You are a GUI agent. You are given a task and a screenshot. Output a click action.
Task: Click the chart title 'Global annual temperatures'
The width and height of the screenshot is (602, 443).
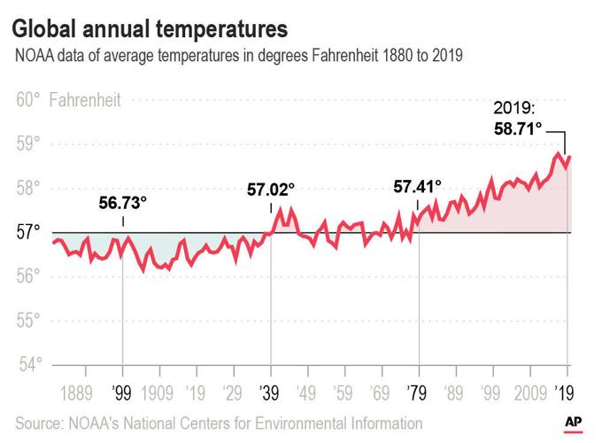pyautogui.click(x=150, y=27)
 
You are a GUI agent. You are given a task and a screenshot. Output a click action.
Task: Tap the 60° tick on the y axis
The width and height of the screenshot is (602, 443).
pyautogui.click(x=28, y=99)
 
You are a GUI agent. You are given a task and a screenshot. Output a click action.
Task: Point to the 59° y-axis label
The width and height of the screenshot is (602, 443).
pyautogui.click(x=28, y=144)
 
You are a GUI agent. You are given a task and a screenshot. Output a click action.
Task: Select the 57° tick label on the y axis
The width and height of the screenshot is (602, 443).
pyautogui.click(x=28, y=232)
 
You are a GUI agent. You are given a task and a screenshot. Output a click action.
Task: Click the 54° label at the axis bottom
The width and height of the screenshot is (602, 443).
pyautogui.click(x=28, y=364)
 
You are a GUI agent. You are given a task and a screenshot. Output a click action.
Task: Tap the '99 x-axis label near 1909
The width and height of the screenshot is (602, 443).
pyautogui.click(x=123, y=392)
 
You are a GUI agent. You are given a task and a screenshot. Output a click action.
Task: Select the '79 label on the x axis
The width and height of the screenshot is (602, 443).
pyautogui.click(x=418, y=392)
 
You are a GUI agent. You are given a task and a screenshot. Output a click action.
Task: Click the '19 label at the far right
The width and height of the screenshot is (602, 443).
pyautogui.click(x=565, y=392)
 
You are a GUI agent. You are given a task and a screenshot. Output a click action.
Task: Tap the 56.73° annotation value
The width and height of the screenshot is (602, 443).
pyautogui.click(x=123, y=203)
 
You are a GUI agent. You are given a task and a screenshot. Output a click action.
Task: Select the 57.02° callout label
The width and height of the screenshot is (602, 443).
pyautogui.click(x=271, y=190)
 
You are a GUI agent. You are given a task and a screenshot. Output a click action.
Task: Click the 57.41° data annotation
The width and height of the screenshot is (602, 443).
pyautogui.click(x=417, y=187)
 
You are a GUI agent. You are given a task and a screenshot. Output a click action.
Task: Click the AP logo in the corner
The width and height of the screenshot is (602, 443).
pyautogui.click(x=574, y=422)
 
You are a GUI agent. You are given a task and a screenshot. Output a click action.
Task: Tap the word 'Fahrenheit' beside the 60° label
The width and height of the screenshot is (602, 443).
pyautogui.click(x=86, y=99)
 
